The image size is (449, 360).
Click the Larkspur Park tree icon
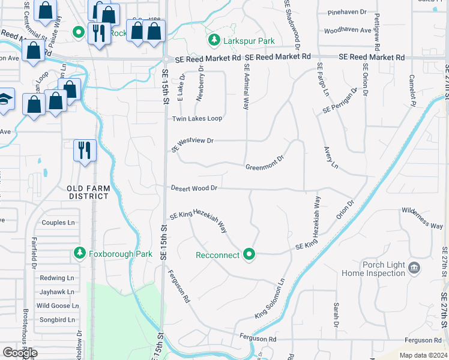[213, 40]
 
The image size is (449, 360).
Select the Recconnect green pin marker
[250, 255]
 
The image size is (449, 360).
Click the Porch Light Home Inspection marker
[414, 267]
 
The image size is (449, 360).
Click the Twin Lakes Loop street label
[197, 119]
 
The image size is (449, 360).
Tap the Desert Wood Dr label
[193, 188]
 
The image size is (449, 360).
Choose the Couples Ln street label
[58, 223]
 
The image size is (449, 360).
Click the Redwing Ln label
[57, 278]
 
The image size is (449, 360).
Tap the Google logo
[20, 352]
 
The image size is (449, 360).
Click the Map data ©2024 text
[423, 355]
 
